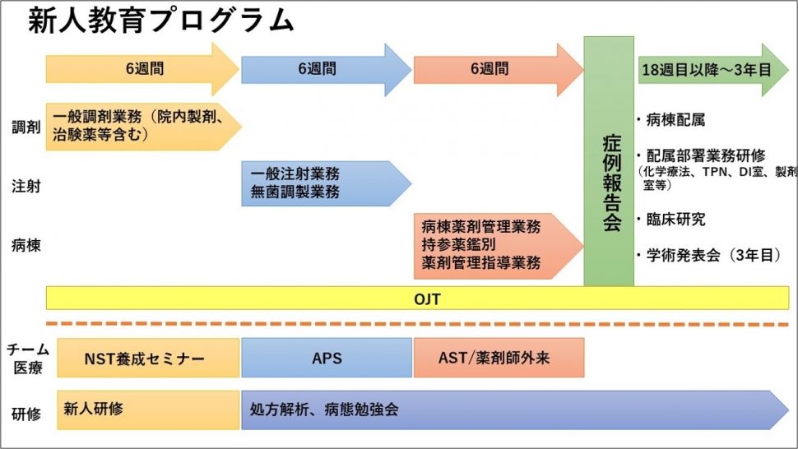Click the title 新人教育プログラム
click(x=160, y=21)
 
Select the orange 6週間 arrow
click(x=142, y=69)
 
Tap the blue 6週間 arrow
click(x=327, y=69)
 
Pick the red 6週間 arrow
click(x=499, y=69)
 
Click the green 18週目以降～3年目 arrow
click(x=713, y=70)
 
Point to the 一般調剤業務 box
click(x=143, y=127)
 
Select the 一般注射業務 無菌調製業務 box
click(x=327, y=183)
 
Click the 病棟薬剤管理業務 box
click(x=499, y=246)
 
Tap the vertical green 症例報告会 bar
click(x=609, y=161)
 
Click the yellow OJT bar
click(x=417, y=298)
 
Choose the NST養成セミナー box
click(x=148, y=358)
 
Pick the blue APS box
click(x=327, y=358)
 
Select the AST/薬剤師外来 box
click(x=499, y=358)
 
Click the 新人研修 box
click(x=148, y=410)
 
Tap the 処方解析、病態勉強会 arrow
click(x=515, y=410)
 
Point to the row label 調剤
click(x=26, y=127)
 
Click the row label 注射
click(x=26, y=186)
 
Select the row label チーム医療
click(x=28, y=358)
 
